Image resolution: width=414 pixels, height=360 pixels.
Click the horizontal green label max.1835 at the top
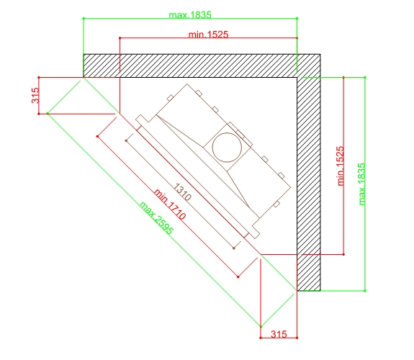click(x=190, y=15)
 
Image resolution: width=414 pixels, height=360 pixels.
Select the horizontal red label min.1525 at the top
click(x=208, y=35)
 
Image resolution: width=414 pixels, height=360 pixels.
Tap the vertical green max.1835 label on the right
click(x=362, y=184)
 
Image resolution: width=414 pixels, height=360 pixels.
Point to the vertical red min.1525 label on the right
click(x=341, y=166)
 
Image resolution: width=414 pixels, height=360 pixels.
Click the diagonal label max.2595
click(x=156, y=218)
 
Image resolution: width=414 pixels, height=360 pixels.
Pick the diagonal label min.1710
click(x=170, y=204)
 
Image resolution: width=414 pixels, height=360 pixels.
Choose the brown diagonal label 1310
click(x=182, y=192)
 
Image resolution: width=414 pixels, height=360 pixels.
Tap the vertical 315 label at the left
click(x=35, y=95)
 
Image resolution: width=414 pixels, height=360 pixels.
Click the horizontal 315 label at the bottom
click(x=279, y=334)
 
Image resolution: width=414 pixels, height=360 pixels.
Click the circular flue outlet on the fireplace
click(x=227, y=148)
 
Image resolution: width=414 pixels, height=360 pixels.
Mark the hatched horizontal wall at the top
click(x=202, y=66)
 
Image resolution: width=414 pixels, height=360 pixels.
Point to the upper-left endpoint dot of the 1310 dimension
click(x=126, y=141)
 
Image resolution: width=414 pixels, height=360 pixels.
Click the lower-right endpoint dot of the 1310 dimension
click(x=234, y=248)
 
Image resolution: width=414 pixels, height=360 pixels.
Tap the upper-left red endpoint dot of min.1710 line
click(x=98, y=137)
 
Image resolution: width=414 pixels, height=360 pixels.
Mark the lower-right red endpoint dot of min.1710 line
click(x=238, y=276)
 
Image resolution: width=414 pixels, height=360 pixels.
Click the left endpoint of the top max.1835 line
click(x=84, y=19)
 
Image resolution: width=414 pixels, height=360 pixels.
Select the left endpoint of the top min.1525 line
click(x=120, y=38)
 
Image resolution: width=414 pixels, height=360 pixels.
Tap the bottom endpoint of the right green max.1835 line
click(x=365, y=291)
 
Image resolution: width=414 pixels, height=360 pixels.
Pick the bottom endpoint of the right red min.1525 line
click(x=343, y=255)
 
